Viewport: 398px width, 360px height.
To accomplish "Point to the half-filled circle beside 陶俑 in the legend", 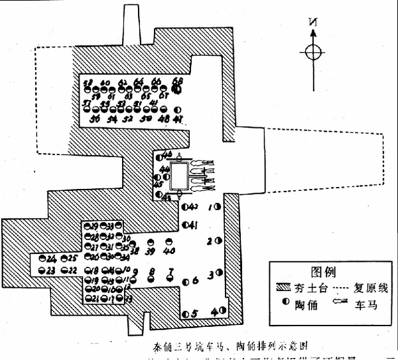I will tap(283, 308).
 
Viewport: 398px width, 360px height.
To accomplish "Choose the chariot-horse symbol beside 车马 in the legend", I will tap(335, 308).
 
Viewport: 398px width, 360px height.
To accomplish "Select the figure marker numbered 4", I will tap(221, 311).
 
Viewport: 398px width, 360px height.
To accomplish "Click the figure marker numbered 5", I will tap(186, 313).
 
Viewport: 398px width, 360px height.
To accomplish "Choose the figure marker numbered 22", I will tap(65, 270).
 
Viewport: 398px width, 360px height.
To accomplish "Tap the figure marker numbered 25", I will tap(64, 257).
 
